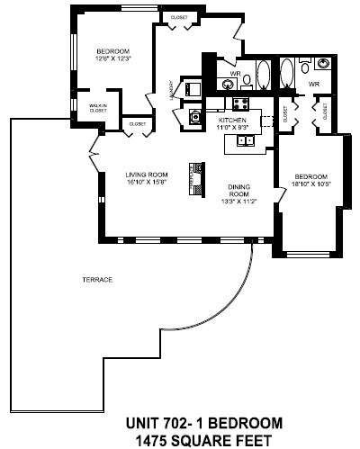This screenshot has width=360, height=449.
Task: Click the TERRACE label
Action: coord(98,280)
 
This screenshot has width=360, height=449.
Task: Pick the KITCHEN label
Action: coord(232,119)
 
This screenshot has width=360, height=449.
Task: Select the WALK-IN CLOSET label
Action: coord(98,110)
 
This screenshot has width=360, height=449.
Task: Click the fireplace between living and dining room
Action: coord(192,177)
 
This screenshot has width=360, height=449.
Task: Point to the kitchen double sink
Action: coord(243,139)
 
